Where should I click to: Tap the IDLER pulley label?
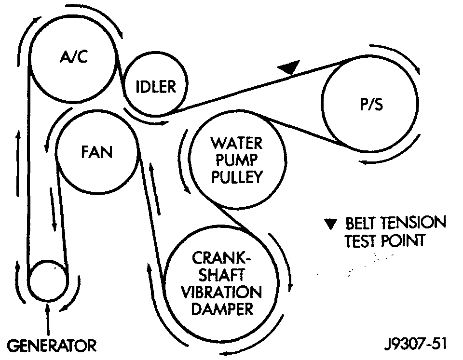(x=155, y=87)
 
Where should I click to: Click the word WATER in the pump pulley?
(x=236, y=144)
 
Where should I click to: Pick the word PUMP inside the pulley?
(x=236, y=160)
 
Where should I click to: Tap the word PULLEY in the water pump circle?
(x=236, y=177)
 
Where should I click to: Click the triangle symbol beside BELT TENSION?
(x=329, y=224)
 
